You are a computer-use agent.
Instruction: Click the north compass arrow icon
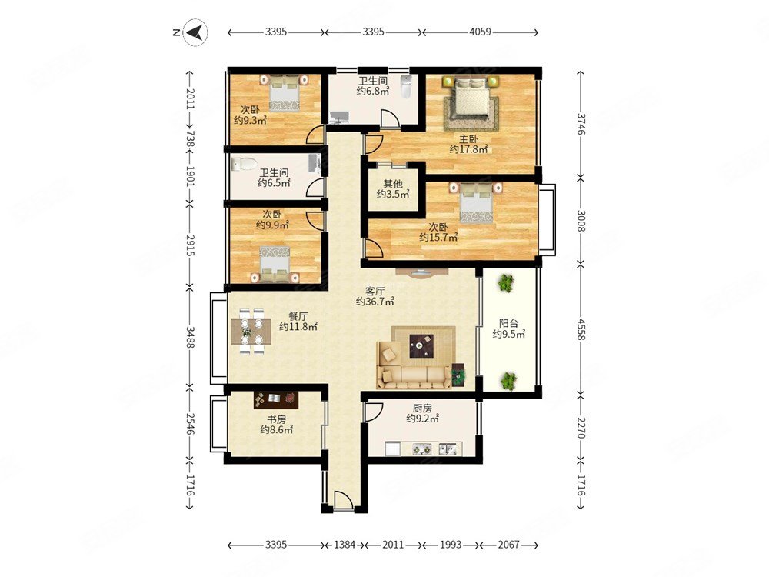click(195, 32)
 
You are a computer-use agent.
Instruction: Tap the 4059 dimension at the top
click(480, 32)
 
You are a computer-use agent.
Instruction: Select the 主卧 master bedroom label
click(468, 138)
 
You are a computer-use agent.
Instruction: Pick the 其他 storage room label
click(393, 184)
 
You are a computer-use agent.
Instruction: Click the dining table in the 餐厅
click(251, 331)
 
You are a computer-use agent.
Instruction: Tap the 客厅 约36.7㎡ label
click(375, 296)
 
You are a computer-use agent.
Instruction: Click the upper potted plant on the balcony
click(505, 283)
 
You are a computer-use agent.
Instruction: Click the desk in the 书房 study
click(276, 400)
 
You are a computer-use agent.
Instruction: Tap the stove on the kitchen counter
click(421, 449)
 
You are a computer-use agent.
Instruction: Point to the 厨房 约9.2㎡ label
click(422, 413)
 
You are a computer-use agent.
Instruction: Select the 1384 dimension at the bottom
click(345, 545)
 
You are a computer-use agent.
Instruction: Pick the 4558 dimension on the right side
click(581, 329)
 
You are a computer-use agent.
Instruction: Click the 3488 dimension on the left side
click(190, 337)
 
